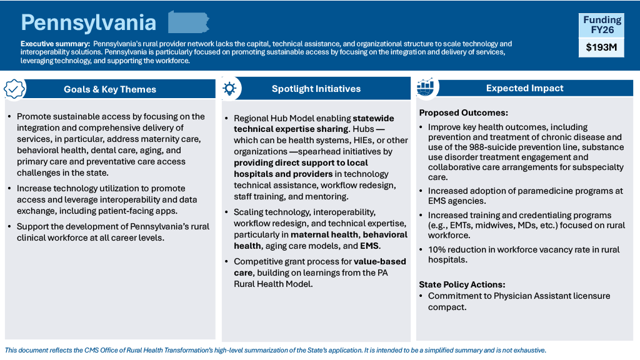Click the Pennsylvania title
[x=88, y=22]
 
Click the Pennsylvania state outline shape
[x=188, y=22]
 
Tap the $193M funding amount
[x=602, y=47]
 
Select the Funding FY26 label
[x=602, y=24]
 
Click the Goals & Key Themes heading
[x=110, y=89]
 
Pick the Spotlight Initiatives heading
[x=316, y=89]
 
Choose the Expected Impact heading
[x=524, y=88]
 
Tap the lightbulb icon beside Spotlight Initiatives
[x=229, y=88]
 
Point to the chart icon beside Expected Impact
[x=426, y=87]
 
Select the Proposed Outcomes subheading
[x=463, y=113]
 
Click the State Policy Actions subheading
[x=462, y=284]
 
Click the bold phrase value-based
[x=380, y=261]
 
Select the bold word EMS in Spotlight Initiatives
[x=369, y=246]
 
